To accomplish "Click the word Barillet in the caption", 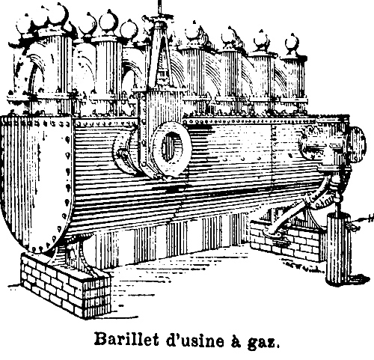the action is coord(126,340).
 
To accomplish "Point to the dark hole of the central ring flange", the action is coord(170,146).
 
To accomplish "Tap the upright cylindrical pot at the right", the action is coord(339,248).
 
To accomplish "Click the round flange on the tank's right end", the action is coord(358,143).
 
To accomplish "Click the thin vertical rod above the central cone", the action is coord(159,10).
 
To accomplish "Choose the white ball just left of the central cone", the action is coord(129,29).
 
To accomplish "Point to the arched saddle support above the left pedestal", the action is coord(82,252).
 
